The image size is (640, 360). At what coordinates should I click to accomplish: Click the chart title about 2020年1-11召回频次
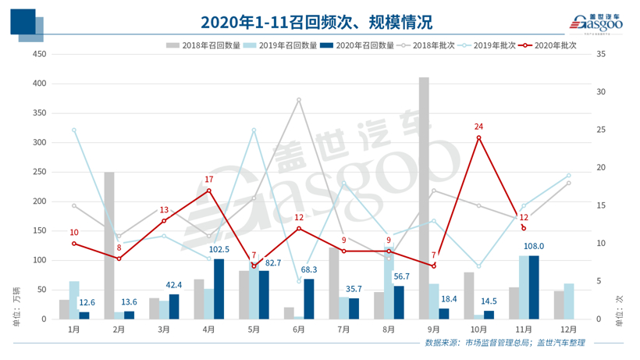point(315,21)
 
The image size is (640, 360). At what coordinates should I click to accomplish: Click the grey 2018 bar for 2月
point(109,245)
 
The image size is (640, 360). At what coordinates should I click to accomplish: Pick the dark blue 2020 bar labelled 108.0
point(533,287)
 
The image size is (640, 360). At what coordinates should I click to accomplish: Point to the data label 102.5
point(219,249)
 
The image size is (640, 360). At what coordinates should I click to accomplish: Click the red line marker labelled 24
point(478,137)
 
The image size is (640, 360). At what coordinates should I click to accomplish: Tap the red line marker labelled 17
point(208,190)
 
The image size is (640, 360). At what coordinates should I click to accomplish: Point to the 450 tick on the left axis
point(39,54)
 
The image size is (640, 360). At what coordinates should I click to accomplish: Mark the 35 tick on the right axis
point(599,54)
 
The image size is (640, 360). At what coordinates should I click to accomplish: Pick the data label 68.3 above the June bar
point(309,269)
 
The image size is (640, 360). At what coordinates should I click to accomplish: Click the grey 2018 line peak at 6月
point(298,100)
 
